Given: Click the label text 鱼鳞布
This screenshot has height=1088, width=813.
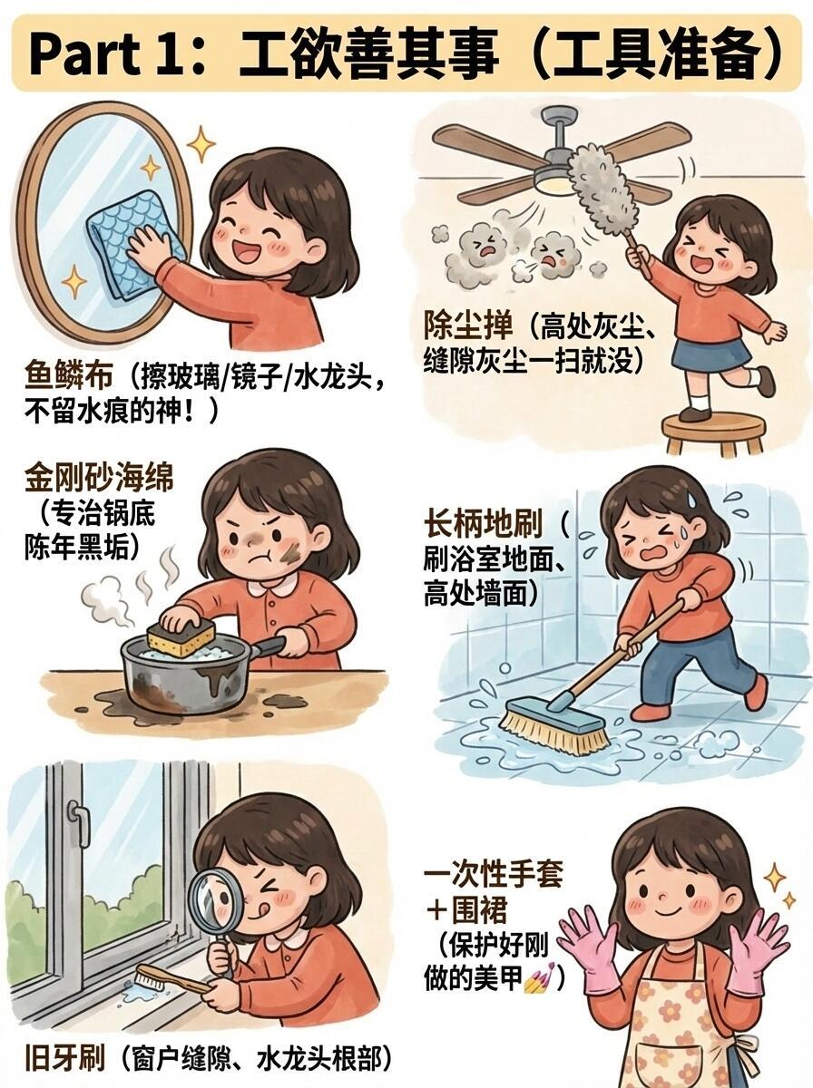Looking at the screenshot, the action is pos(68,377).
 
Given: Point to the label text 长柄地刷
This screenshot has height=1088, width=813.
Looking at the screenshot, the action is pos(483,525).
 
